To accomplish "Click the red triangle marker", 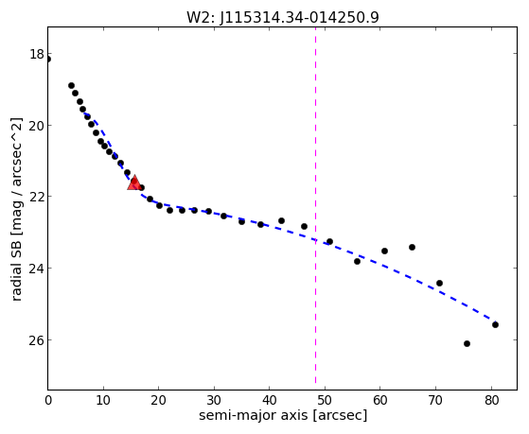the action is [x=134, y=182].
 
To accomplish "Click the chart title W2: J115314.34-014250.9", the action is [x=283, y=17].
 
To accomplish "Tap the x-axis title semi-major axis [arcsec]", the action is [x=283, y=415].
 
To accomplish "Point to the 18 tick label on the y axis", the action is [x=37, y=54].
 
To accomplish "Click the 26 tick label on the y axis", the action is [x=37, y=340].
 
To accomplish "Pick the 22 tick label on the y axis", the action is [x=37, y=197].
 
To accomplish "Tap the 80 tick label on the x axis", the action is [x=492, y=400].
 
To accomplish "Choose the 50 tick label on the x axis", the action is [x=325, y=400].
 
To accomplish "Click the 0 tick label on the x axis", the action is [x=48, y=400].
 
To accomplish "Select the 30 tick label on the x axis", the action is [x=214, y=400].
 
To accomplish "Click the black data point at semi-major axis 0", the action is [x=48, y=60].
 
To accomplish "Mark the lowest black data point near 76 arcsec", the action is [x=467, y=343].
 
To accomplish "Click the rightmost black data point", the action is [x=495, y=324].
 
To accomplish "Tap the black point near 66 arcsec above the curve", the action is [x=412, y=247].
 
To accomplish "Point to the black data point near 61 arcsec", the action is [x=384, y=251].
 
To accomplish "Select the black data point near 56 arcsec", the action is [x=358, y=261].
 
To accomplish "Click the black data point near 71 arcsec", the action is [x=439, y=283].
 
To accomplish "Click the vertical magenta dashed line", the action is [x=315, y=206].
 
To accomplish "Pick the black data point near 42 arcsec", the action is [x=281, y=221].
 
